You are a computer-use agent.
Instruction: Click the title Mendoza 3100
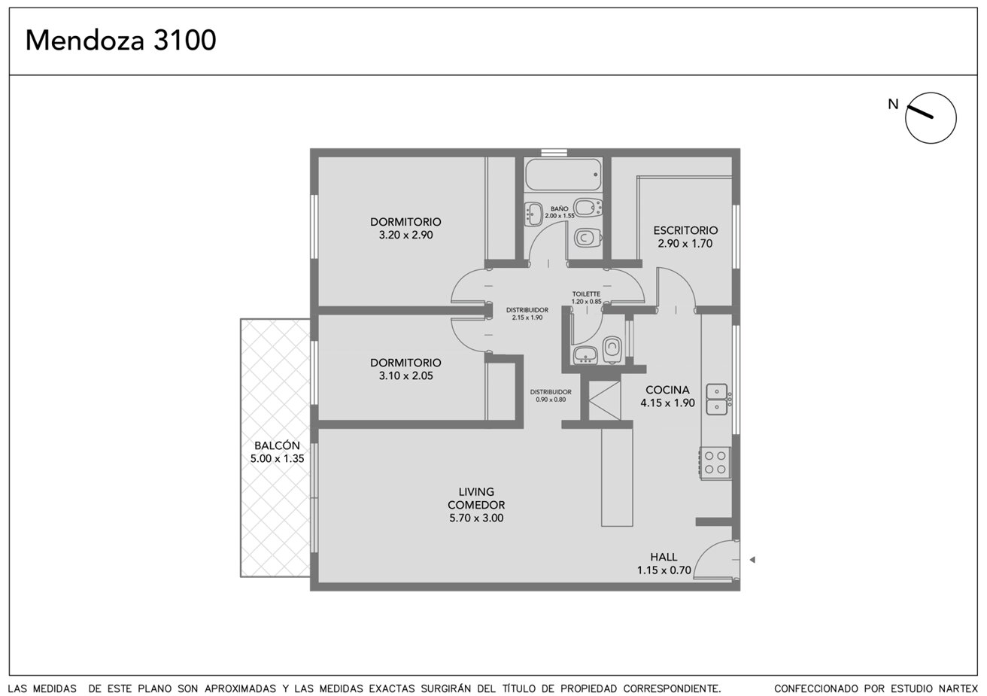[x=120, y=40]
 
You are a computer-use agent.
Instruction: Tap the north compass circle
[x=931, y=93]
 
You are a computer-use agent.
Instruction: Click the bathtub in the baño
[x=563, y=175]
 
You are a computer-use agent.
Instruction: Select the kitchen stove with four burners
[x=715, y=463]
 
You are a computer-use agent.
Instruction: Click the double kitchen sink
[x=717, y=400]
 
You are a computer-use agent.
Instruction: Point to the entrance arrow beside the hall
[x=752, y=560]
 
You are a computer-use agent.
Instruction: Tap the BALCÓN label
[x=277, y=445]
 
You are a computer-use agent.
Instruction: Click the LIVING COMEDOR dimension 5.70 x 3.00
[x=476, y=518]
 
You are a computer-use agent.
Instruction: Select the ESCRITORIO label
[x=685, y=230]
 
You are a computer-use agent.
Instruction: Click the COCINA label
[x=667, y=390]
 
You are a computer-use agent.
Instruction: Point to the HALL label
[x=664, y=557]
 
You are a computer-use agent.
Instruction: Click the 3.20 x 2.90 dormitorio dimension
[x=405, y=235]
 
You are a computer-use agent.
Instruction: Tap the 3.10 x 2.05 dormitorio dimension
[x=405, y=375]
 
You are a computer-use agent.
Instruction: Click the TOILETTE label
[x=586, y=294]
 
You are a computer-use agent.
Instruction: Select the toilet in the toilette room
[x=612, y=350]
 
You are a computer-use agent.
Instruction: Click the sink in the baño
[x=533, y=214]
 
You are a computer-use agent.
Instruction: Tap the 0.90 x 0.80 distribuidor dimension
[x=551, y=400]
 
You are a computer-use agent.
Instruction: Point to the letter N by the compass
[x=893, y=105]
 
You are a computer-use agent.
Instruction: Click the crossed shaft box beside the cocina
[x=605, y=400]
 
